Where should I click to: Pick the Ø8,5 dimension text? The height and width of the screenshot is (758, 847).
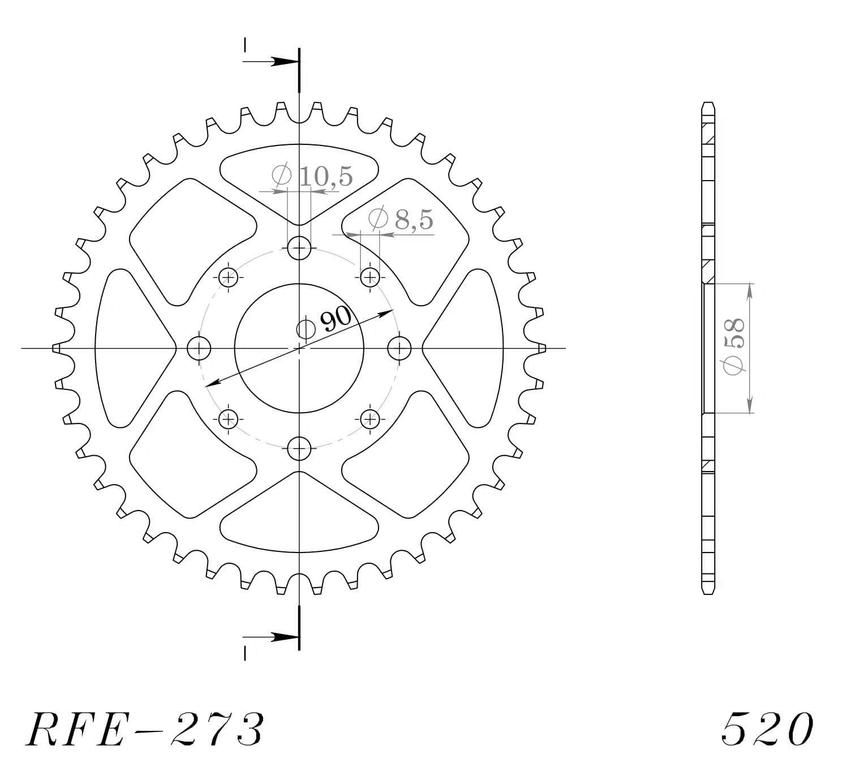[x=401, y=219]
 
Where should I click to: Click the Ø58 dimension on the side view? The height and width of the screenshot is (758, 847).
[x=734, y=347]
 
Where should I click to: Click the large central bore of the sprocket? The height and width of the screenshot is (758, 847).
[x=299, y=348]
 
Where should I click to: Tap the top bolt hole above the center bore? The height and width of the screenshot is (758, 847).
[x=299, y=248]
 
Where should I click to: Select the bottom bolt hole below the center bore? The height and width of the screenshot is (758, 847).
[x=299, y=448]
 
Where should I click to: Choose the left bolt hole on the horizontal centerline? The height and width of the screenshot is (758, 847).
[x=199, y=348]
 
